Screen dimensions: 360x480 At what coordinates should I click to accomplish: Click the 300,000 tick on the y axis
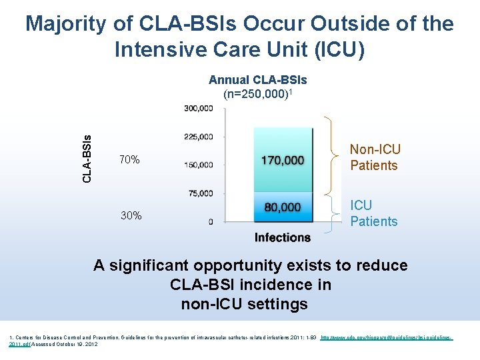click(199, 108)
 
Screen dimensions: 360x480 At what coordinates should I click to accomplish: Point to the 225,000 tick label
click(199, 137)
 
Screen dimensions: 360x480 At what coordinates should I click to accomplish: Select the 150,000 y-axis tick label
click(199, 165)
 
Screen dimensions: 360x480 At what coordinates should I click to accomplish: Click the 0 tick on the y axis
click(211, 221)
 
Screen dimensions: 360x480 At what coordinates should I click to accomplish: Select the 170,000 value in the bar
click(283, 160)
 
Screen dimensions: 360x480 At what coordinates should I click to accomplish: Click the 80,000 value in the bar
click(283, 207)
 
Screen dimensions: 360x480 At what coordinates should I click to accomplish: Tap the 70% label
click(129, 160)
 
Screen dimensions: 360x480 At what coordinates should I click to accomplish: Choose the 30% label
click(131, 215)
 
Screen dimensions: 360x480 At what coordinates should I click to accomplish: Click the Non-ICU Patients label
click(375, 157)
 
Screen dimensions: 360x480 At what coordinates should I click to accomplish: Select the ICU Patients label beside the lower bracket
click(373, 213)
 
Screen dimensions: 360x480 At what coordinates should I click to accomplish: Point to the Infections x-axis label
click(283, 237)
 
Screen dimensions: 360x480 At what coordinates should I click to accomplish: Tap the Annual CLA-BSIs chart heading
click(257, 80)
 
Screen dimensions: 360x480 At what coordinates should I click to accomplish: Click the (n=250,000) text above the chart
click(257, 94)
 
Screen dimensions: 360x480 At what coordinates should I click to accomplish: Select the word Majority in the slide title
click(65, 24)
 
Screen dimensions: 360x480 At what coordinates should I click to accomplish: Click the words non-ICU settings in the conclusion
click(244, 305)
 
